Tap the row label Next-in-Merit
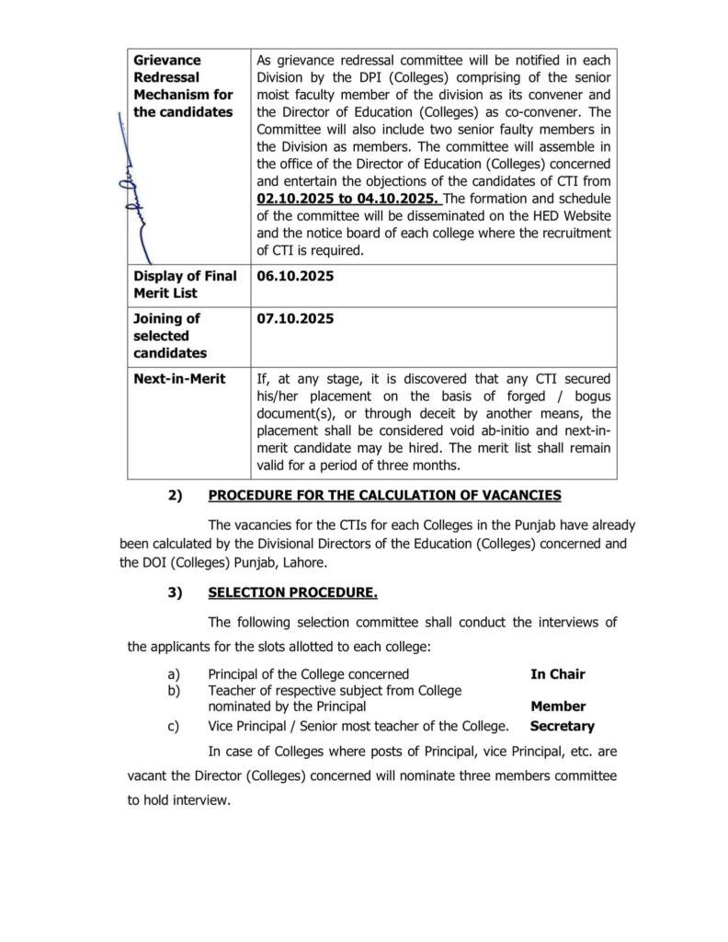click(x=179, y=379)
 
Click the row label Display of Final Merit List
click(x=185, y=284)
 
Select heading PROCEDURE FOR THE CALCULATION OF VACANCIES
click(x=384, y=495)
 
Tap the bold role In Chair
click(x=557, y=674)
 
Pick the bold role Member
click(x=557, y=706)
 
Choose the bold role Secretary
click(x=562, y=726)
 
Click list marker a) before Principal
click(x=173, y=674)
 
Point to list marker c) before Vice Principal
click(x=173, y=726)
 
